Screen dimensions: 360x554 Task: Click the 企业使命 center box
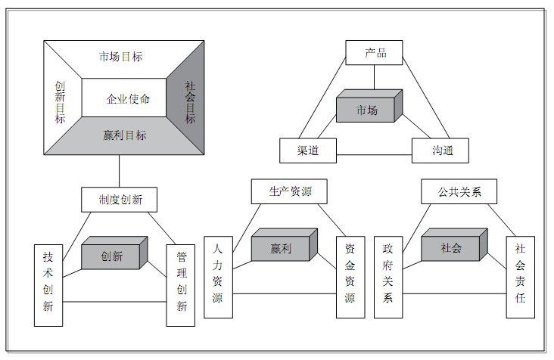[x=124, y=98]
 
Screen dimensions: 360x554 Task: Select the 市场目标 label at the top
[x=120, y=57]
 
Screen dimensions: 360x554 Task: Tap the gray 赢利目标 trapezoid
[x=125, y=136]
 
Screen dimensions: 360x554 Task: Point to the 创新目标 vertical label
[x=60, y=102]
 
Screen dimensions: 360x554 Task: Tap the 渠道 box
[x=307, y=150]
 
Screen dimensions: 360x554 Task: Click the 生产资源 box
[x=290, y=191]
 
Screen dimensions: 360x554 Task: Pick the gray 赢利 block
[x=282, y=248]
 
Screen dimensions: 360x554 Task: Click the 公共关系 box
[x=459, y=191]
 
